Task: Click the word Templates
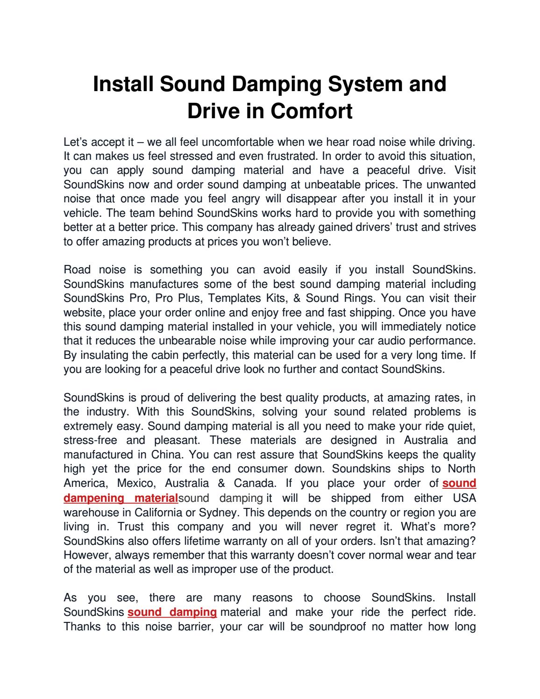pos(235,298)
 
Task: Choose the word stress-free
pos(90,441)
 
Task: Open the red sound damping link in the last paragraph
pos(172,612)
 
